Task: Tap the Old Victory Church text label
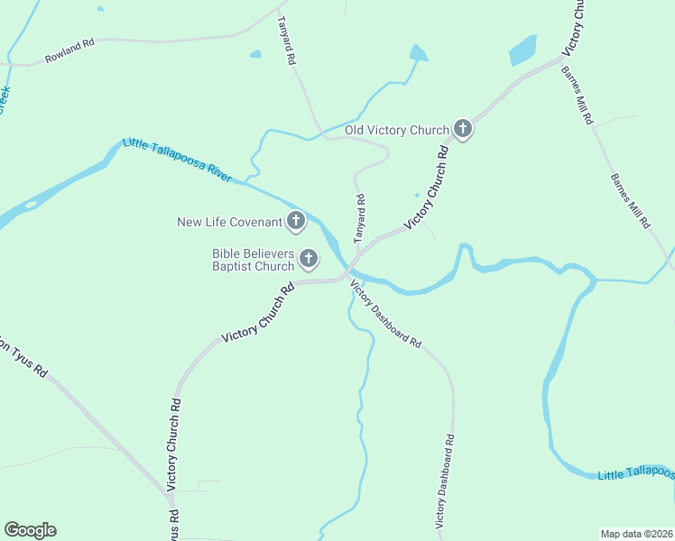[397, 130]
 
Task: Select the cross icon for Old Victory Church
[463, 130]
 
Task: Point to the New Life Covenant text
[229, 221]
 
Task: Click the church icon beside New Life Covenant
[296, 221]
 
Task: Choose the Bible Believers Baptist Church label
[253, 261]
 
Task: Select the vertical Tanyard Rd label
[359, 219]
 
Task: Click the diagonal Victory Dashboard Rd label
[385, 315]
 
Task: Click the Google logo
[30, 530]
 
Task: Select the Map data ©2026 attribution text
[635, 534]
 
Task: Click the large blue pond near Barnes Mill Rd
[522, 50]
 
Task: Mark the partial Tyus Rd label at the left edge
[23, 355]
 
